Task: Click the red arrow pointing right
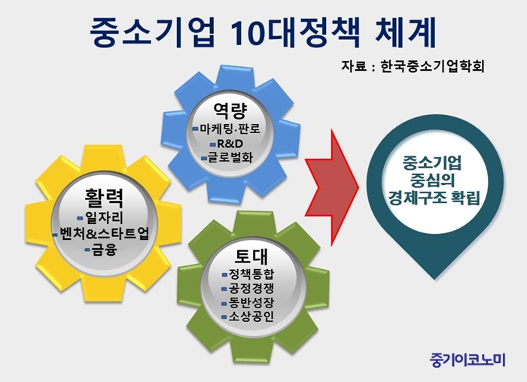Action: (332, 187)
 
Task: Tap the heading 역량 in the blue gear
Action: (230, 111)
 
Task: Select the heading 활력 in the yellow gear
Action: (104, 198)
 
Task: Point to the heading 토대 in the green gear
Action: (251, 256)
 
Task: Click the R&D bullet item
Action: (230, 144)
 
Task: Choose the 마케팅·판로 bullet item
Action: (230, 129)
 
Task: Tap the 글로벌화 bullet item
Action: (230, 157)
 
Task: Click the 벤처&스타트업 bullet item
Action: (104, 234)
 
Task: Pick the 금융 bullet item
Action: (105, 250)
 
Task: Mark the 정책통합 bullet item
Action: (251, 274)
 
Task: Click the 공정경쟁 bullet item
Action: (251, 288)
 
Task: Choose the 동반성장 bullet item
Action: (251, 302)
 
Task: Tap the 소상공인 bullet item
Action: (251, 317)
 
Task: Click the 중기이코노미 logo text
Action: (468, 359)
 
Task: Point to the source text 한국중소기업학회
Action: (433, 66)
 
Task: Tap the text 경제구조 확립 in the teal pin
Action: (434, 197)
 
